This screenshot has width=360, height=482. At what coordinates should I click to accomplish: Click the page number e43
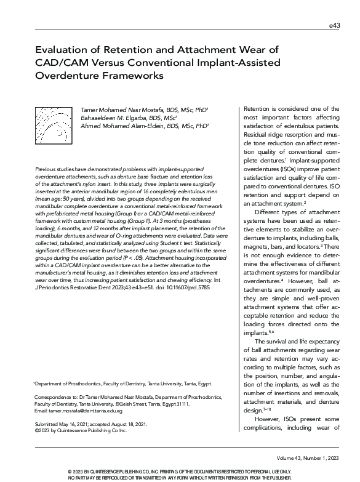(x=334, y=25)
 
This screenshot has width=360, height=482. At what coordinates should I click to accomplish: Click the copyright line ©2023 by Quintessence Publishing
(x=80, y=431)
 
